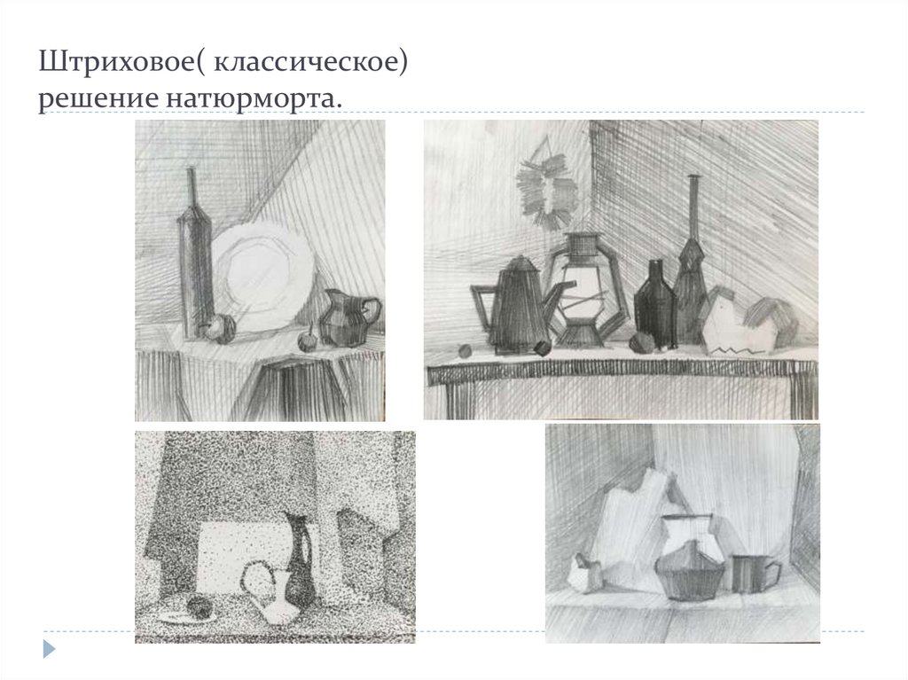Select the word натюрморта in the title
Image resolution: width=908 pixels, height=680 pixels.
(250, 98)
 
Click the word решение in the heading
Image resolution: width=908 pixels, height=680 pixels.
(98, 98)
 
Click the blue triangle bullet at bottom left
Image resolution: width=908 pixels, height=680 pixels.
(50, 649)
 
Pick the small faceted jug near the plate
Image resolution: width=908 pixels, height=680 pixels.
(348, 317)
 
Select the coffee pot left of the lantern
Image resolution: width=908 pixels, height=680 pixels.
(518, 306)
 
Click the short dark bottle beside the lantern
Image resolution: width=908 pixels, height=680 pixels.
(655, 306)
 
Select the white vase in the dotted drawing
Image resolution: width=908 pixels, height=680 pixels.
(277, 597)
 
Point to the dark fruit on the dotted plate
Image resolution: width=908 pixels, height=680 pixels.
(200, 607)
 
